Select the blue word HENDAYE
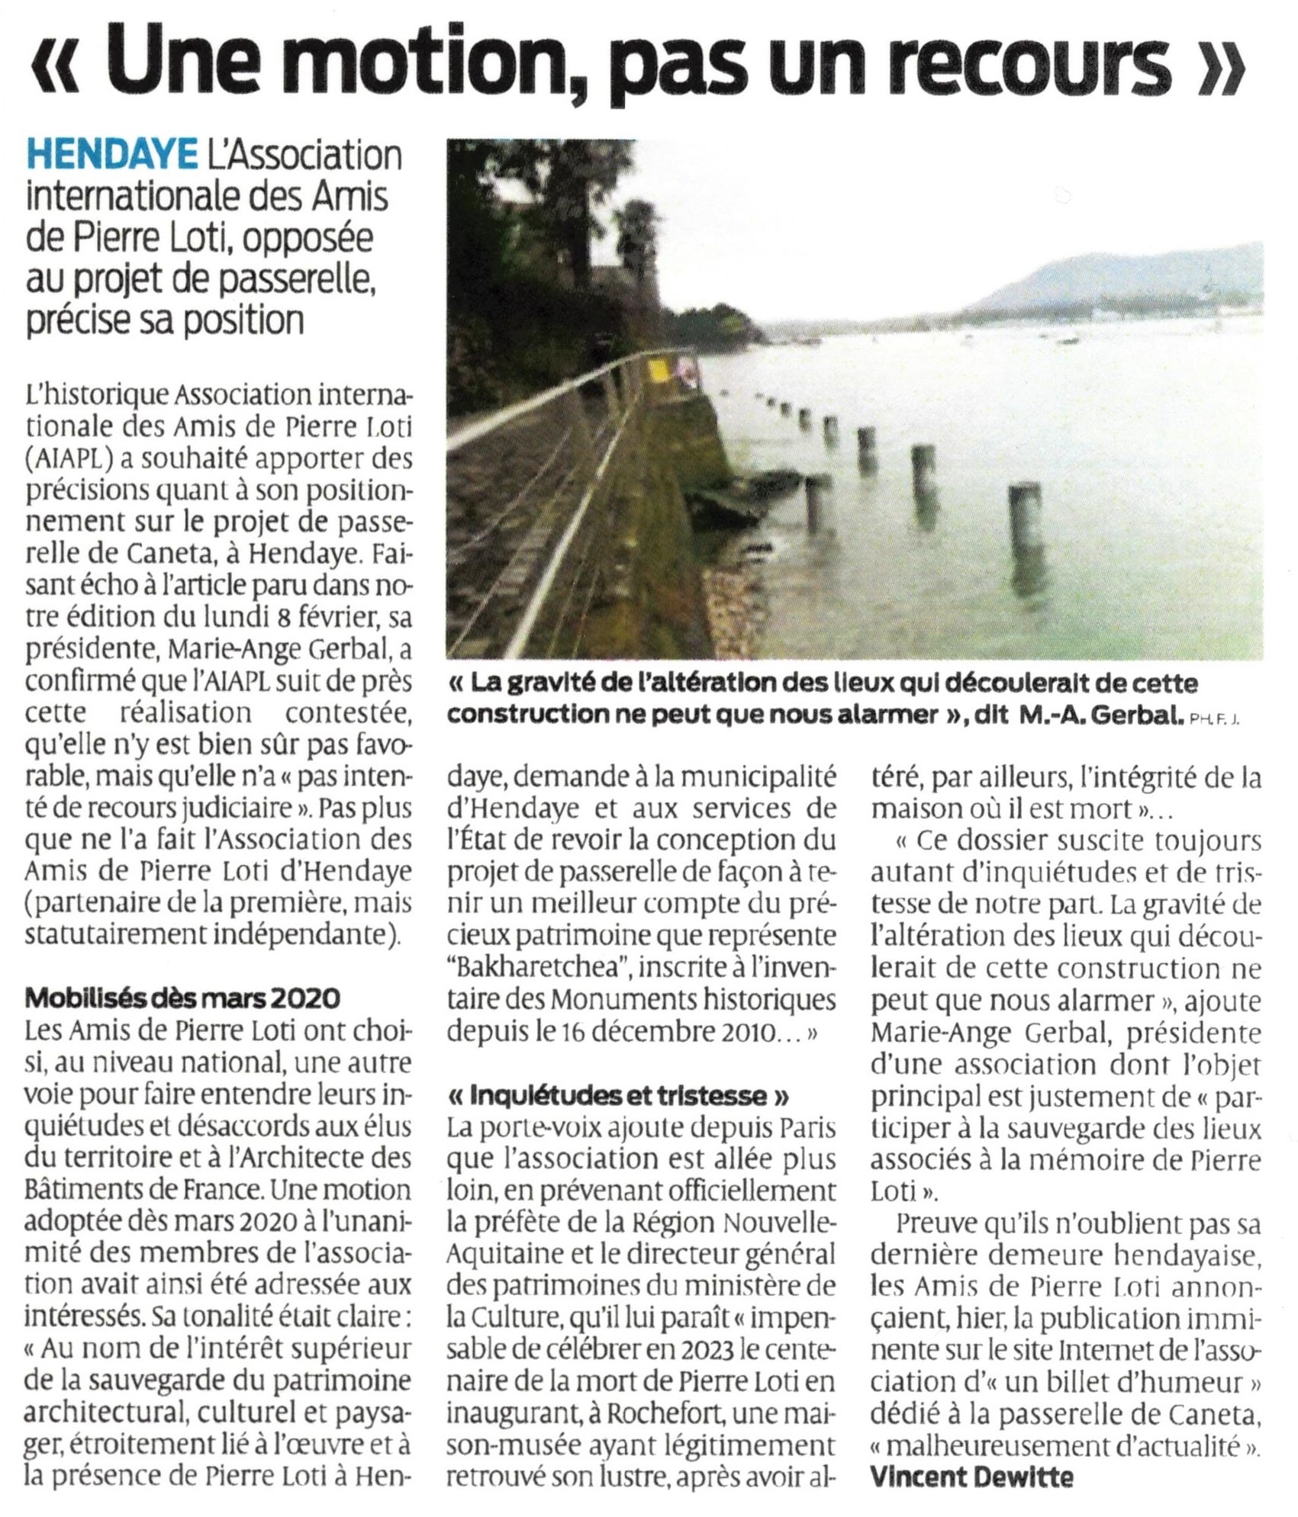pos(111,156)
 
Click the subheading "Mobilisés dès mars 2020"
pos(182,998)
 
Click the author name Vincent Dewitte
pos(971,1477)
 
